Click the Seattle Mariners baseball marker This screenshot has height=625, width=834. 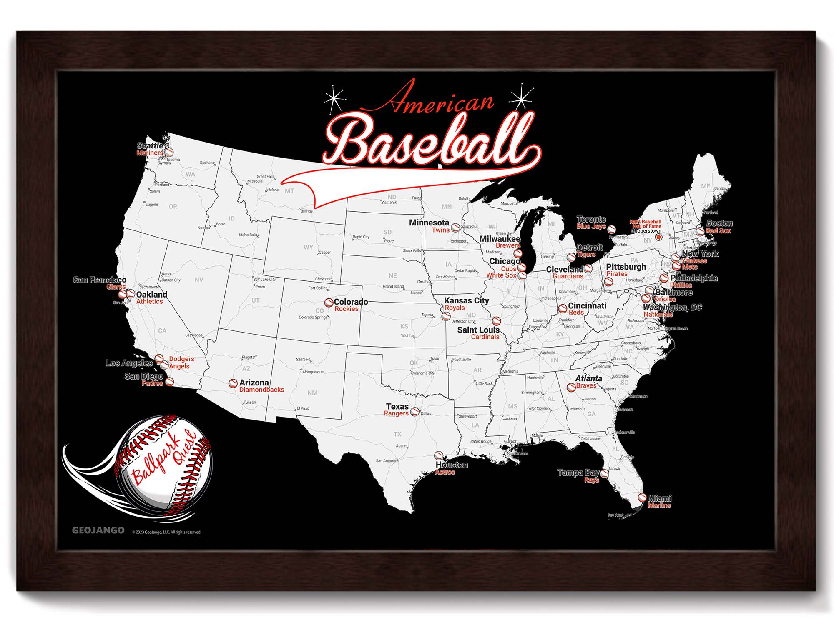point(169,152)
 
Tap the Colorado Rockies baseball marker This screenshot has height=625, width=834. point(329,302)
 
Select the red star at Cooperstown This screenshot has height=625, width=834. point(658,237)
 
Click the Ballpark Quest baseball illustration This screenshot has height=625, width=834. point(165,462)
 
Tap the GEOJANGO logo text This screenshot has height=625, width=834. point(98,530)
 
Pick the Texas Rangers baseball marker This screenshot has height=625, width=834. point(414,412)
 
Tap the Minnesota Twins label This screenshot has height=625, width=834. point(430,226)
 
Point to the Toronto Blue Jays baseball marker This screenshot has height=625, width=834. point(611,229)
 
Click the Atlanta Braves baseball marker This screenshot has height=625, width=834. point(571,387)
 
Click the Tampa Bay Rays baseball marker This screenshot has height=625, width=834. point(604,474)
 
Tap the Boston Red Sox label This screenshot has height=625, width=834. point(718,227)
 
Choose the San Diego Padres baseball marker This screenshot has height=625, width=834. point(169,382)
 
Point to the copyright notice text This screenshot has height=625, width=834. point(167,532)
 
